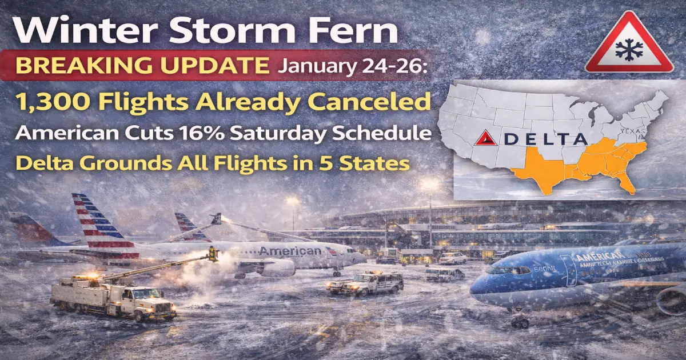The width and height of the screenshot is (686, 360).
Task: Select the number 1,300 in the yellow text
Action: [48, 103]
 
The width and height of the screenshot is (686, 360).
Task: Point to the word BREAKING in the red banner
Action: [66, 66]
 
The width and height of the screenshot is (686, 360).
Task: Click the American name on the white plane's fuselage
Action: [290, 251]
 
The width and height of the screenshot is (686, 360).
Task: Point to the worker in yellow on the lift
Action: [213, 253]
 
